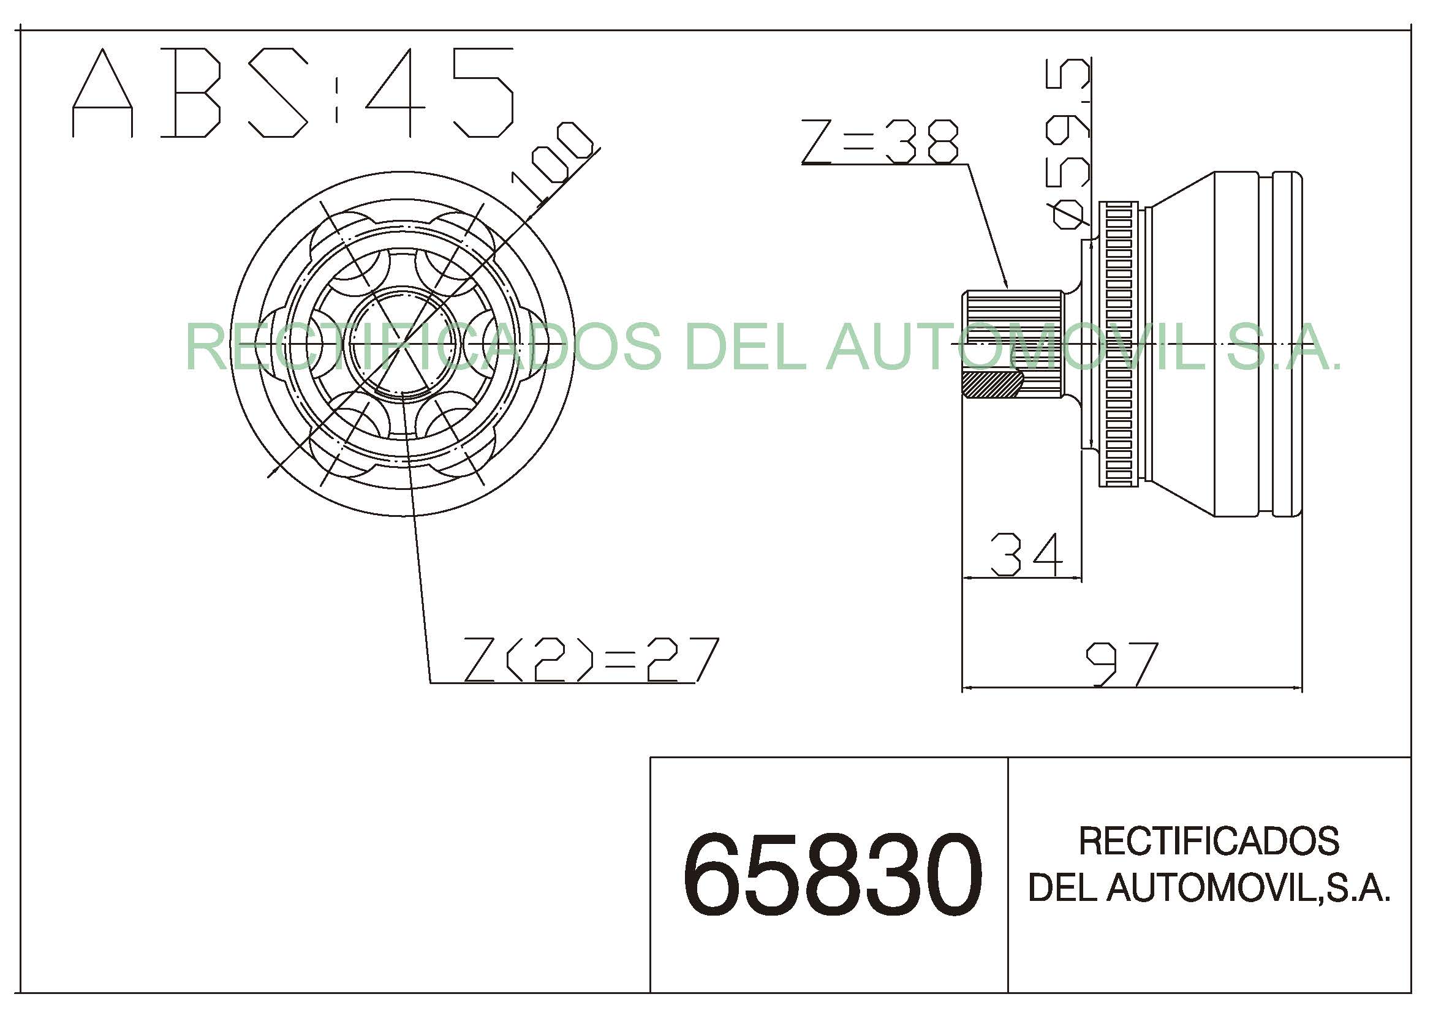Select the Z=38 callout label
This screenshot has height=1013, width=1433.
click(x=880, y=142)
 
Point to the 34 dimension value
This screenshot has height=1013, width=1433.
click(x=1027, y=554)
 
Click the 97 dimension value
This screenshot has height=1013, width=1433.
click(x=1122, y=665)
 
